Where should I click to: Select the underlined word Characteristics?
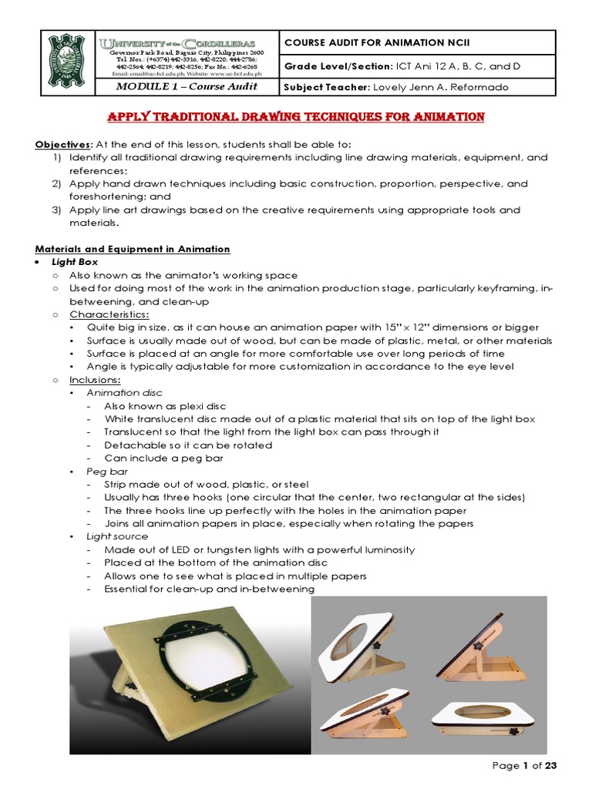(x=109, y=314)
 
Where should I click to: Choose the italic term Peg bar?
(x=108, y=471)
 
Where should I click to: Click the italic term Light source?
(x=118, y=536)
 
